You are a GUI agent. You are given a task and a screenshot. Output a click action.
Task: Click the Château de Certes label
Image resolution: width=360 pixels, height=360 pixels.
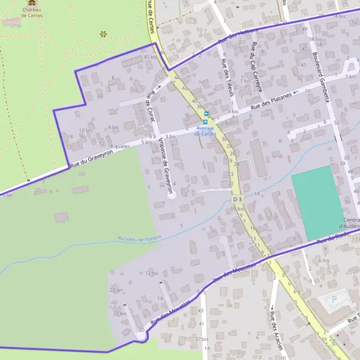click(32, 13)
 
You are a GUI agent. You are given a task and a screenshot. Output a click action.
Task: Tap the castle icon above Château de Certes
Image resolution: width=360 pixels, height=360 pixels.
click(32, 3)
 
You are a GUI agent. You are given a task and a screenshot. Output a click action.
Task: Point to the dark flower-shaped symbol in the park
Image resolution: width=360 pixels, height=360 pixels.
click(103, 34)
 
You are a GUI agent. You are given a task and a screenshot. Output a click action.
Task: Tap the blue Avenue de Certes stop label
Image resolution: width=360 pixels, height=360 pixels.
click(205, 131)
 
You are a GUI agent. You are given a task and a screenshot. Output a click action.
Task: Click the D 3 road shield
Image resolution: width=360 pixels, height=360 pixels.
click(236, 199)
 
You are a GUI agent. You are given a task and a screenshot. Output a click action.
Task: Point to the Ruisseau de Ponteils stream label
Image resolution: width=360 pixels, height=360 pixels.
click(140, 239)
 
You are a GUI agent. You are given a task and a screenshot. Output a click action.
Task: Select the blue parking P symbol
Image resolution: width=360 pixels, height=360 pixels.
click(335, 298)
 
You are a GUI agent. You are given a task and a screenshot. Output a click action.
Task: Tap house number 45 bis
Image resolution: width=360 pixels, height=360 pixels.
click(150, 57)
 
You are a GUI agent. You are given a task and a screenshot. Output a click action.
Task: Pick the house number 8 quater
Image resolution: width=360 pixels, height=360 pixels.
click(120, 146)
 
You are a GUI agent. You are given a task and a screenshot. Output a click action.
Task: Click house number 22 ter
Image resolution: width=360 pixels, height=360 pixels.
click(116, 289)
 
